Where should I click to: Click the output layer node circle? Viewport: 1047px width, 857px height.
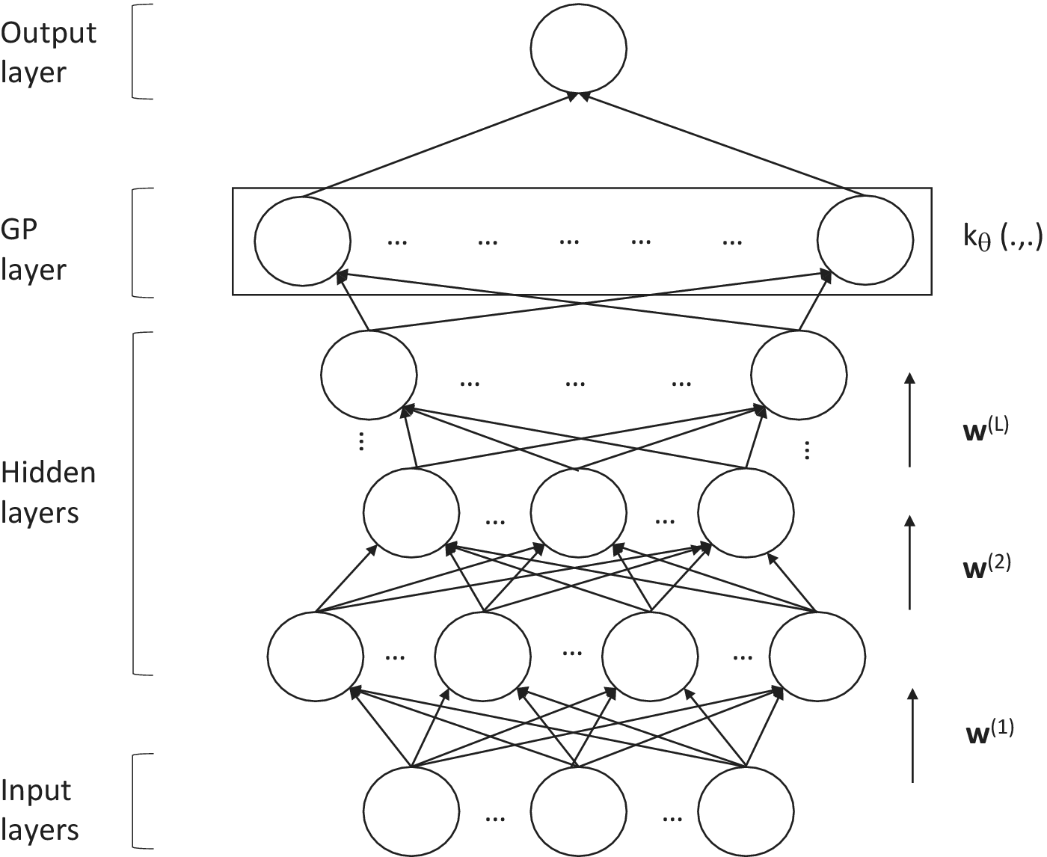(x=578, y=48)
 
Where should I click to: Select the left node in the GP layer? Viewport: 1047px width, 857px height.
(x=302, y=241)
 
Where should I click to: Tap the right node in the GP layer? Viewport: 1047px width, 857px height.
(x=865, y=241)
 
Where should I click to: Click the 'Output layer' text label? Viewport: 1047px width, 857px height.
(x=48, y=52)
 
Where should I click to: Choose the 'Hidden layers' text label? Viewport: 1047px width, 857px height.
(x=48, y=493)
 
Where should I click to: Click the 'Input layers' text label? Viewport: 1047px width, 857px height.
(x=39, y=810)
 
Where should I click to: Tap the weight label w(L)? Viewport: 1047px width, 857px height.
(x=986, y=431)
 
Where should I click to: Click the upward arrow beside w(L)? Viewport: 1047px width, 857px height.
(x=909, y=419)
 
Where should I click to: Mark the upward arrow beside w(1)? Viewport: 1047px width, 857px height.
(x=912, y=735)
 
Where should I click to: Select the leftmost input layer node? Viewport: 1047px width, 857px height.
(x=411, y=811)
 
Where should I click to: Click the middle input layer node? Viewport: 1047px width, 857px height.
(x=578, y=811)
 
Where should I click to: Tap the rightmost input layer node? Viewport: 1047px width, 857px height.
(x=746, y=811)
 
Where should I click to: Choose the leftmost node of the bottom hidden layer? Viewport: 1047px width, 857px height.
(x=316, y=655)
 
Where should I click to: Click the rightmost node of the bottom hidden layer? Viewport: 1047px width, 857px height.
(x=817, y=655)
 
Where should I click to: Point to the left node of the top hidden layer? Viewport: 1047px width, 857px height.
(x=369, y=374)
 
